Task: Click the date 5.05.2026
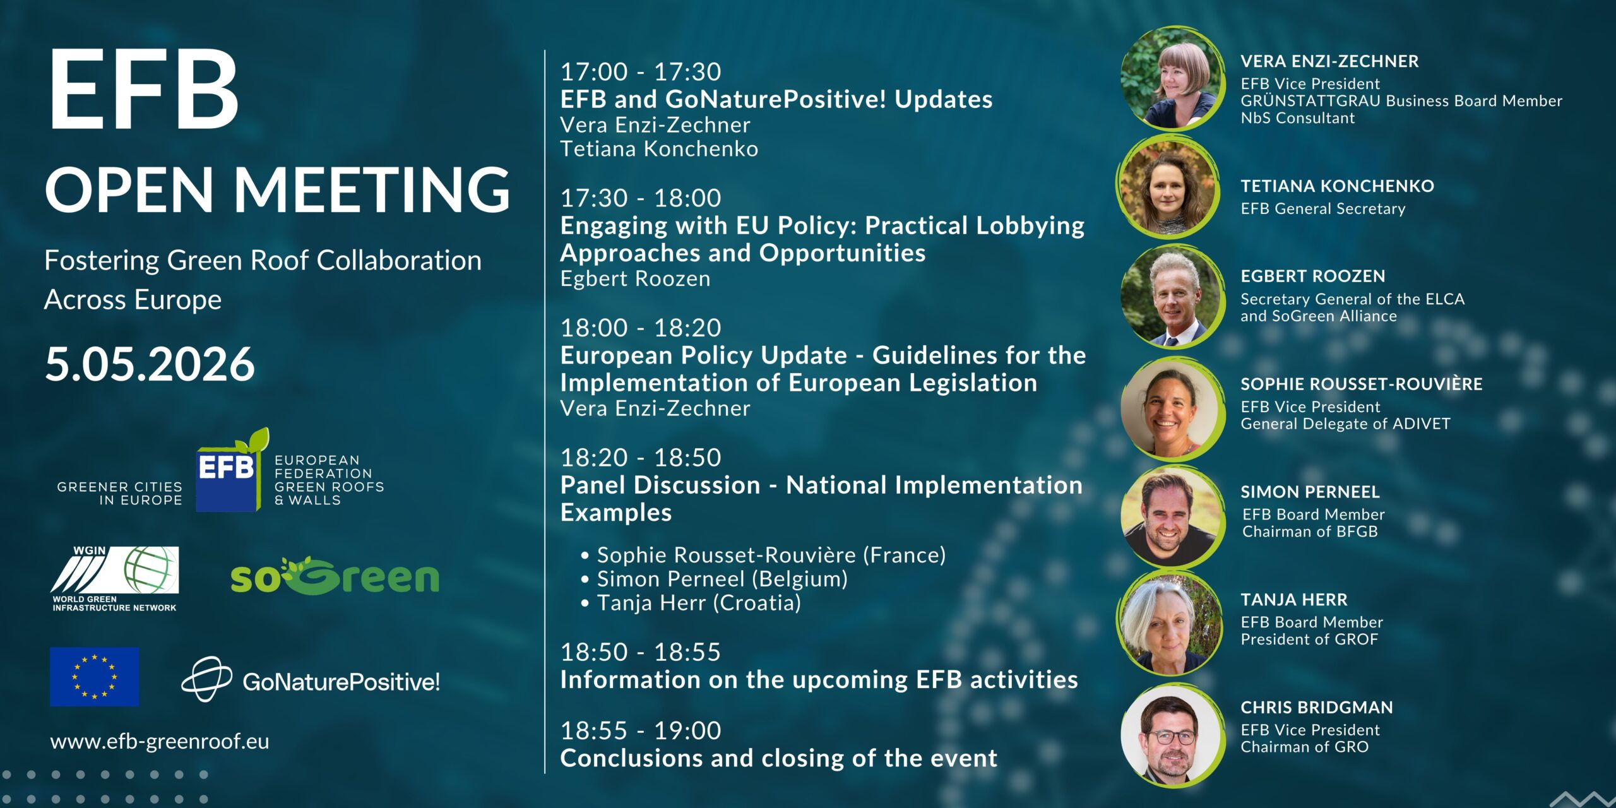pyautogui.click(x=150, y=364)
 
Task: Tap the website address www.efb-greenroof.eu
pyautogui.click(x=160, y=741)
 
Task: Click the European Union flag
pyautogui.click(x=95, y=677)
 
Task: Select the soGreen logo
pyautogui.click(x=335, y=576)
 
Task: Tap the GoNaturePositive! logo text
pyautogui.click(x=342, y=682)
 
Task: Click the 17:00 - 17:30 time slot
pyautogui.click(x=641, y=72)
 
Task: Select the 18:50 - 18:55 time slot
pyautogui.click(x=641, y=652)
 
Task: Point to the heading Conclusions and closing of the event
pyautogui.click(x=779, y=757)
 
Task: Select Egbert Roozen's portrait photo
pyautogui.click(x=1172, y=296)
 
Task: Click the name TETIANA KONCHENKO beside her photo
pyautogui.click(x=1337, y=186)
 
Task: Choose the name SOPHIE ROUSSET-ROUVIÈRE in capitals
pyautogui.click(x=1362, y=384)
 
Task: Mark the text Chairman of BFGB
pyautogui.click(x=1310, y=532)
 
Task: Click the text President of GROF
pyautogui.click(x=1309, y=639)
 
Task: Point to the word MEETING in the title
pyautogui.click(x=372, y=189)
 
